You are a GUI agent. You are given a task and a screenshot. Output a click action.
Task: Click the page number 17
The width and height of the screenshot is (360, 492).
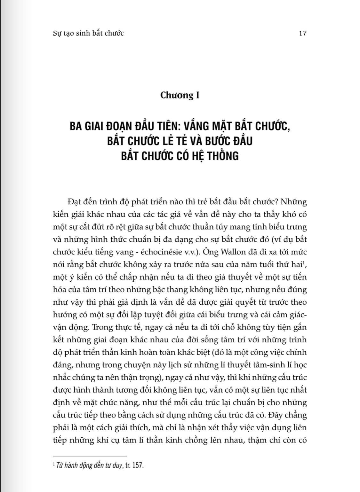pos(303,33)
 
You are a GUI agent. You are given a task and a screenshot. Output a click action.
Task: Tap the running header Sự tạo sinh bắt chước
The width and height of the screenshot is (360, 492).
pos(88,33)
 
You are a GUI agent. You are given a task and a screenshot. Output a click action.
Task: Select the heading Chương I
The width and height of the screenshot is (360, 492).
pos(180,95)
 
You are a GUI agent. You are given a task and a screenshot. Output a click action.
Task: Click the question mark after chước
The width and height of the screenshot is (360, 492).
pos(262,202)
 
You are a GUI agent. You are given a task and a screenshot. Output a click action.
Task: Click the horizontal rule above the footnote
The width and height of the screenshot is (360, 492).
pos(90,456)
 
